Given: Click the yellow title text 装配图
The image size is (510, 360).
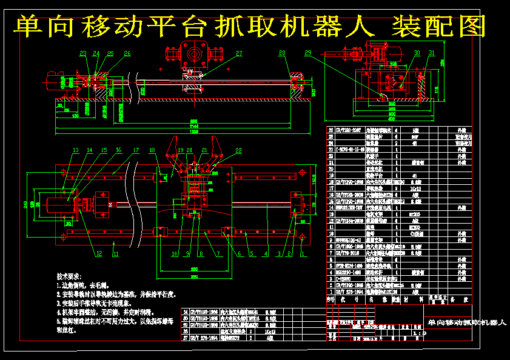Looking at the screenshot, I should pyautogui.click(x=440, y=26).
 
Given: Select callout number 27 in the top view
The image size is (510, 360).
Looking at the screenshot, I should pyautogui.click(x=239, y=54).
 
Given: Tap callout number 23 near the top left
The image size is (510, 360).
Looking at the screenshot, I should pyautogui.click(x=82, y=54).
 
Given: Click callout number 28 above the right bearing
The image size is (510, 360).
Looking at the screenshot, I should pyautogui.click(x=282, y=54).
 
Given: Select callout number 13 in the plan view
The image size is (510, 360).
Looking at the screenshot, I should pyautogui.click(x=76, y=150).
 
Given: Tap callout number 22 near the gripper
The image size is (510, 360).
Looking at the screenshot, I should pyautogui.click(x=238, y=150).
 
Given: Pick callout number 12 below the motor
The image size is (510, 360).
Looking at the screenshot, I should pyautogui.click(x=98, y=253).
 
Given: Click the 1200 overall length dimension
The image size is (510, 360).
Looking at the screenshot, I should pyautogui.click(x=194, y=132).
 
